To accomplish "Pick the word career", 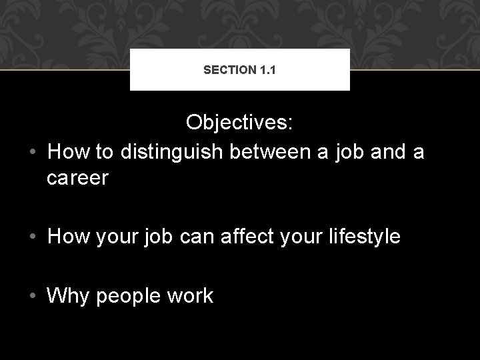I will coord(77,179).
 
